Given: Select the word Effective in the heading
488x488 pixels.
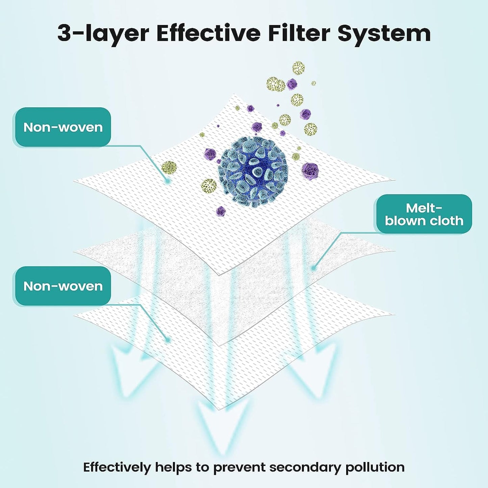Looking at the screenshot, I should click(x=208, y=33).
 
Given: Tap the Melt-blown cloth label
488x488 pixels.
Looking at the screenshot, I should click(x=424, y=214).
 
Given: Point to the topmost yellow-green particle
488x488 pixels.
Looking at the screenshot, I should click(x=299, y=68).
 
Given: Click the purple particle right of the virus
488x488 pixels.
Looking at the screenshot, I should click(x=310, y=170).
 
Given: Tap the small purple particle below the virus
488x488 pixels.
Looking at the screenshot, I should click(x=221, y=211).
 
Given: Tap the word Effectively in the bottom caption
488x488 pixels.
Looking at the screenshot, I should click(x=117, y=467).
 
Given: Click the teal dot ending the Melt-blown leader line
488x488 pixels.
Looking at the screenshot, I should click(x=313, y=268).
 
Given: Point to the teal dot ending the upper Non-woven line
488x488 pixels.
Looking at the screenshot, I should click(x=167, y=181).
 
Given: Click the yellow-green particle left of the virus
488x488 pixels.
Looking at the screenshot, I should click(x=169, y=167).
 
